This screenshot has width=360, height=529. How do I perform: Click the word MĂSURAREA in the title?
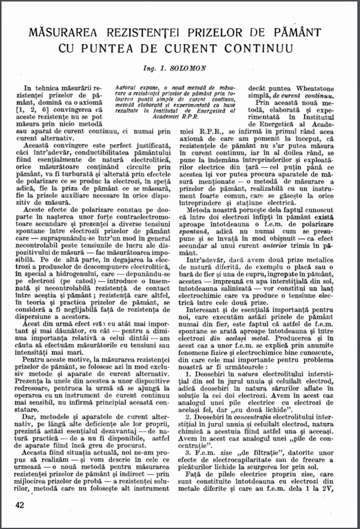coord(65,32)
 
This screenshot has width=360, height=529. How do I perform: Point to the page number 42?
coord(20,505)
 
